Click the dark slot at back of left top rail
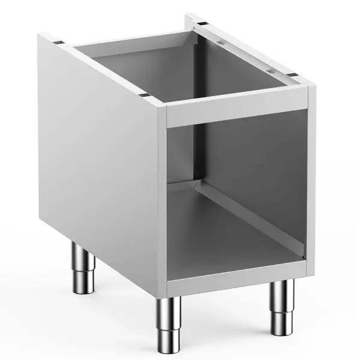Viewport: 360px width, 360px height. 58,43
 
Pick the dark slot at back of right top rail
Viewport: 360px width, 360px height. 198,26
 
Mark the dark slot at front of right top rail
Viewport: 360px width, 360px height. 294,74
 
